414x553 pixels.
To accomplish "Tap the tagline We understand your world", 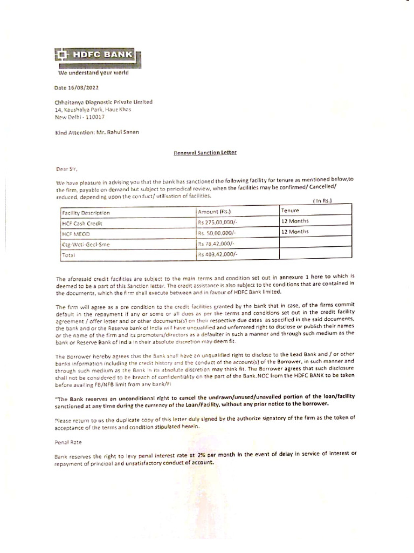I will point(93,73).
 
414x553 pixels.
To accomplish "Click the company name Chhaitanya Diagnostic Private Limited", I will point(103,102).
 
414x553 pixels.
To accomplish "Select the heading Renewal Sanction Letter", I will point(205,153).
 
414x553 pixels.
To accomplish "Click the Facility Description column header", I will point(86,213).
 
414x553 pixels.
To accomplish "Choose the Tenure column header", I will point(291,210).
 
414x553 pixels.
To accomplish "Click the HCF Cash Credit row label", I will point(82,223).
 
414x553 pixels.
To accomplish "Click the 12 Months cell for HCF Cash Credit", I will point(295,221).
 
